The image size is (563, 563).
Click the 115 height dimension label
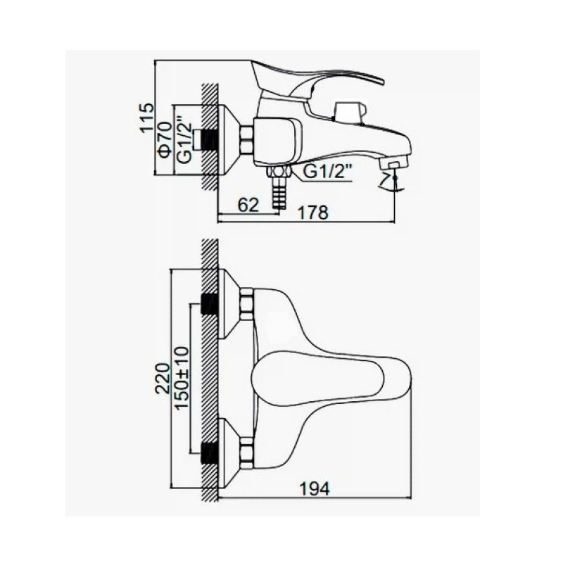(147, 118)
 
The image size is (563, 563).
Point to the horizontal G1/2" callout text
(327, 172)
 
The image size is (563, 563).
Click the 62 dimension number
(248, 205)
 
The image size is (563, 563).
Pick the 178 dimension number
(313, 213)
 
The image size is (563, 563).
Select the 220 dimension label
(163, 379)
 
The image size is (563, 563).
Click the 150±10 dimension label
(182, 377)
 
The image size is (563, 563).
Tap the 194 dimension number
(314, 488)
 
